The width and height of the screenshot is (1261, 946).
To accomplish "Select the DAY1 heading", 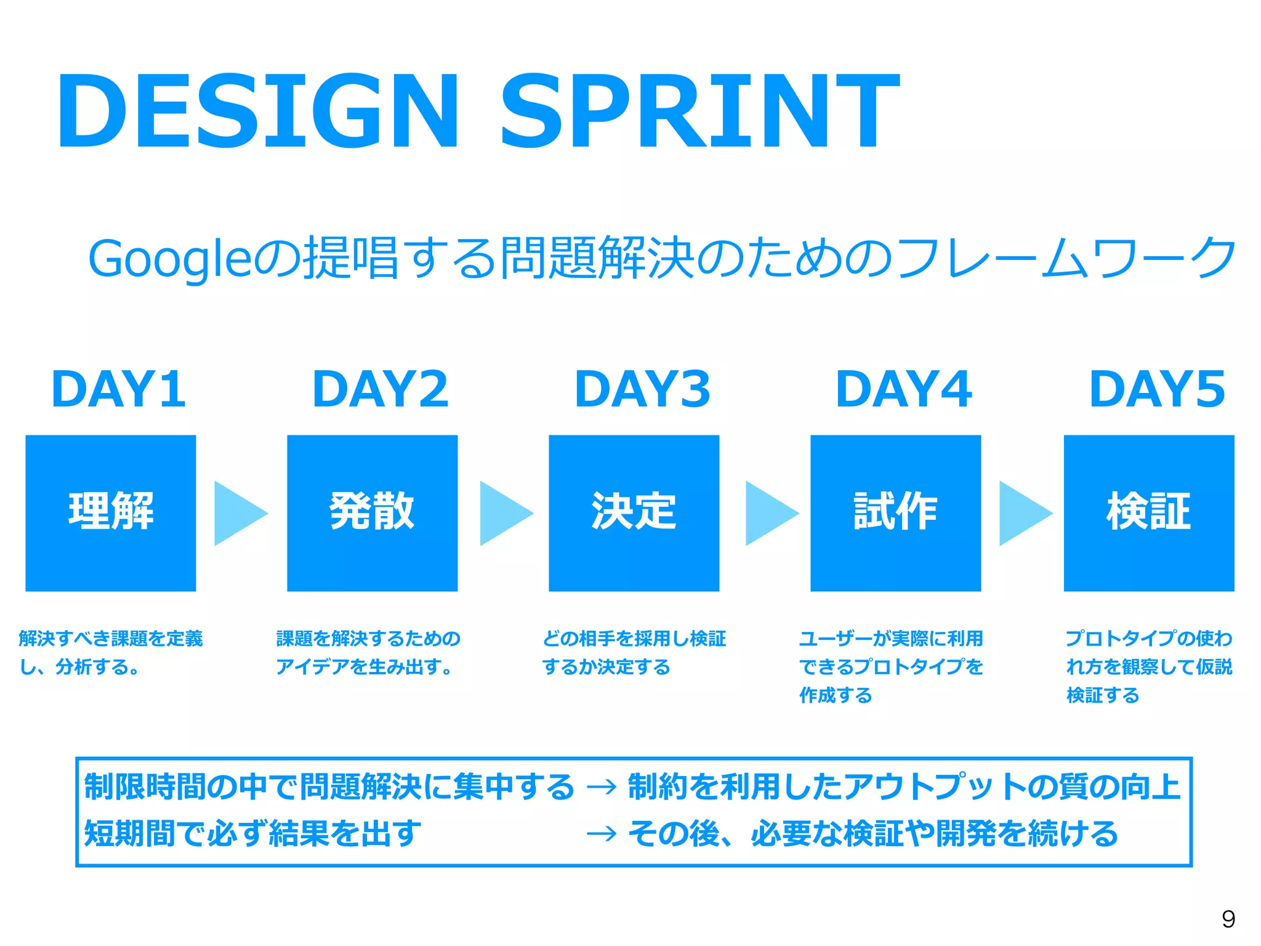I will [x=118, y=389].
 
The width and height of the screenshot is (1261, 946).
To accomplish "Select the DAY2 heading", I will [x=381, y=389].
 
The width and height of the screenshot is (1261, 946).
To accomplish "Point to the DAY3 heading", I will [x=642, y=389].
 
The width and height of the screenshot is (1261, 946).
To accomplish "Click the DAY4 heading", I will [x=903, y=389].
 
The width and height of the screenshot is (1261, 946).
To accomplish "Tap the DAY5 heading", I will [x=1157, y=389].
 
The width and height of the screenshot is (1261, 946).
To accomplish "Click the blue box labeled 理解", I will [x=111, y=513].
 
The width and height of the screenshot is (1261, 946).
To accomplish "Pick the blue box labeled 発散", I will [x=372, y=513].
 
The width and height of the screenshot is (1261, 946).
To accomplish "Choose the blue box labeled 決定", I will [x=634, y=513].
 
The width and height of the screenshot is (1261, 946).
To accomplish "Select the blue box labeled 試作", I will [x=895, y=513].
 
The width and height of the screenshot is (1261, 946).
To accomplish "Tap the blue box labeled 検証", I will [x=1149, y=513].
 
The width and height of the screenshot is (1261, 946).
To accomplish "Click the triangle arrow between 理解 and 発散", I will [x=237, y=513].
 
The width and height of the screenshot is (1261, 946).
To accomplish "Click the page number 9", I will [x=1228, y=919].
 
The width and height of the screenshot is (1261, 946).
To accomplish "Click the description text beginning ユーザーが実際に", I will [x=890, y=666].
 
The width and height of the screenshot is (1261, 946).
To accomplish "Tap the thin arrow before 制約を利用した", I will [x=602, y=787].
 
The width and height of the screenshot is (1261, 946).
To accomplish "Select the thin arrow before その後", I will [x=602, y=835].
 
